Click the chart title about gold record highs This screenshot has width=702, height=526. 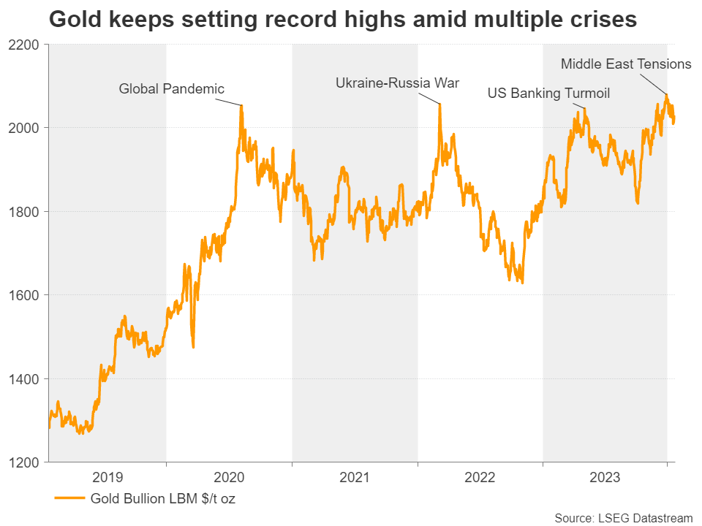coord(342,20)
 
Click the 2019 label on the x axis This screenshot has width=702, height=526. coord(107,479)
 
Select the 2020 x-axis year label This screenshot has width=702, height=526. coord(229,479)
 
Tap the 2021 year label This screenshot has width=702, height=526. coord(355,479)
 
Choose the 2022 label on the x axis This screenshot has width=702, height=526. coord(480,479)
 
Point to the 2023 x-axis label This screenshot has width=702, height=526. coord(605,479)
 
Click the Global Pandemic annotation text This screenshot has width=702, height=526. coord(172,89)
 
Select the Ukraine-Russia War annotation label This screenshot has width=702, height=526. coord(397,83)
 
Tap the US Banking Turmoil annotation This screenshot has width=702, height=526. coord(548,94)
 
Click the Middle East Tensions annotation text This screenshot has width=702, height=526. coord(625,64)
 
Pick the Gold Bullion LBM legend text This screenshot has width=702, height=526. coord(162,500)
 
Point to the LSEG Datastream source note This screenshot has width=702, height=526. coord(623,518)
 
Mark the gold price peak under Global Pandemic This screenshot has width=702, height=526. coord(241,106)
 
